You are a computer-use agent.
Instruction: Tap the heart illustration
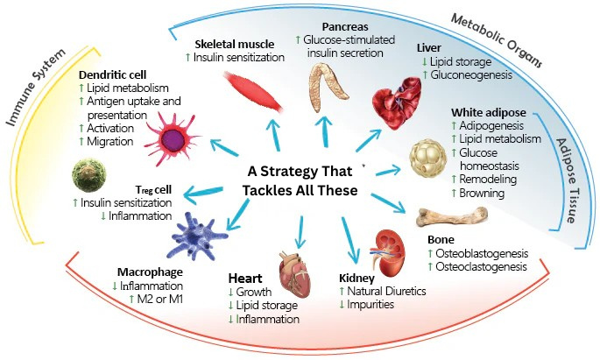(x=294, y=259)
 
